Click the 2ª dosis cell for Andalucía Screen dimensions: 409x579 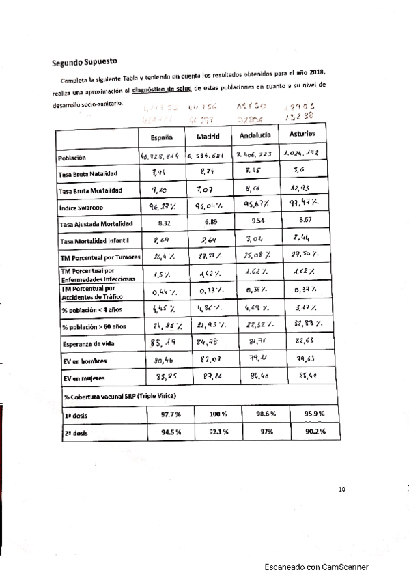coord(257,432)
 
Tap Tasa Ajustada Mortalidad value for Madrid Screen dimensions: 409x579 coord(209,223)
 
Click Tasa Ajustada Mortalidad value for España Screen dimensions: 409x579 coord(162,223)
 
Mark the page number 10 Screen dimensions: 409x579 coord(342,488)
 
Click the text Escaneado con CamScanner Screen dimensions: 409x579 coord(318,567)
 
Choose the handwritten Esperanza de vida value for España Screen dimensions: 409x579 coord(162,342)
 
